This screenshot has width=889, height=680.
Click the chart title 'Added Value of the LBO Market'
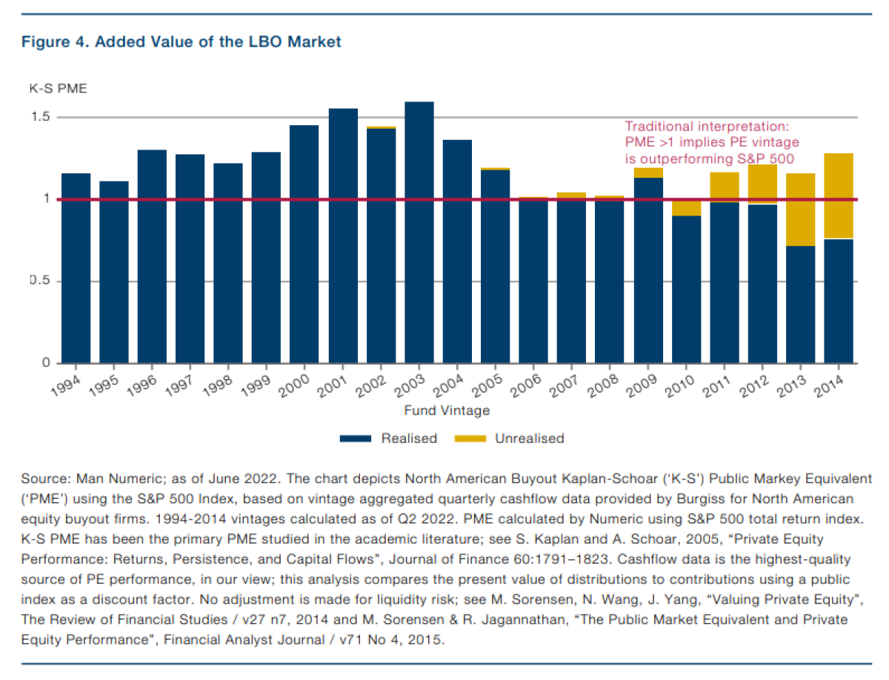215,42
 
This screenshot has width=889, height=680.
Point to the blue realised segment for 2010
686,289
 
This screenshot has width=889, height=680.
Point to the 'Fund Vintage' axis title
447,410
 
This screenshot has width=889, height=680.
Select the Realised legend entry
389,439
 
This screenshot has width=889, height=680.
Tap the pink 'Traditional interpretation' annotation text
710,142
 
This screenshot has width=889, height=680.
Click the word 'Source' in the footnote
41,479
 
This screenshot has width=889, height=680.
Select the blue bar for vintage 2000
304,244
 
